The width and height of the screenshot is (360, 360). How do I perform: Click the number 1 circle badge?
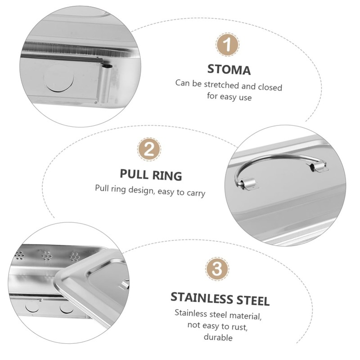229,45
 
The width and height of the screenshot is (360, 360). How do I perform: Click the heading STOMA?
229,69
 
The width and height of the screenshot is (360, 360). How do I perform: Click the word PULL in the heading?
135,174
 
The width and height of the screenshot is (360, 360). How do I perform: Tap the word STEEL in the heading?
253,298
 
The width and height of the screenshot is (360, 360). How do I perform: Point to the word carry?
194,193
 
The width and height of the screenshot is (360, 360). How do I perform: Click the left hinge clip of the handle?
247,183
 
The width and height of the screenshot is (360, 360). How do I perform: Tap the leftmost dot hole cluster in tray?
20,256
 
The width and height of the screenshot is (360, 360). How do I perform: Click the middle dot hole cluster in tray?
47,256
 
